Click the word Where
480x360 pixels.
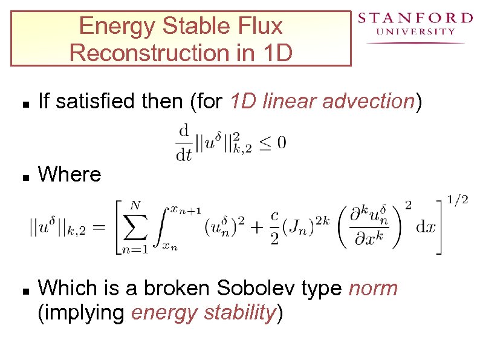[x=70, y=175]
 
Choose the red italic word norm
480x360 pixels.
[x=374, y=289]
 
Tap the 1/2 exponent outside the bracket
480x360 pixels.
[x=457, y=200]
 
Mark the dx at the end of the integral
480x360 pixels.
[x=426, y=228]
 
